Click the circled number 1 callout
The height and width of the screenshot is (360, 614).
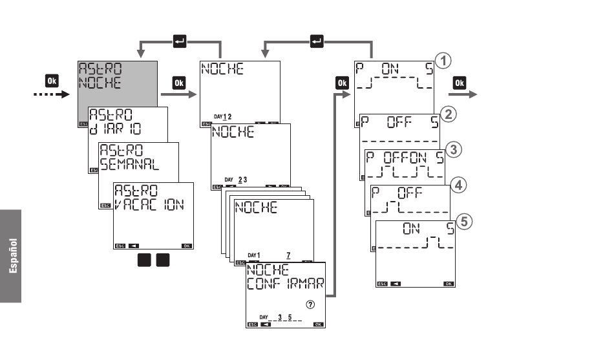442,61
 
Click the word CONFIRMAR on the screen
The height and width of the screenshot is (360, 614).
285,284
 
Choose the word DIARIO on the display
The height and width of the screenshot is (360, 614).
117,128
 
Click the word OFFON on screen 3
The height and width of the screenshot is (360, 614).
405,156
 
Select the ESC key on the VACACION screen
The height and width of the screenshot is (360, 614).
120,246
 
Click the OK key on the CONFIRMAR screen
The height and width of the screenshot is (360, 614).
317,324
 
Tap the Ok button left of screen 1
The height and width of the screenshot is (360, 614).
342,82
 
